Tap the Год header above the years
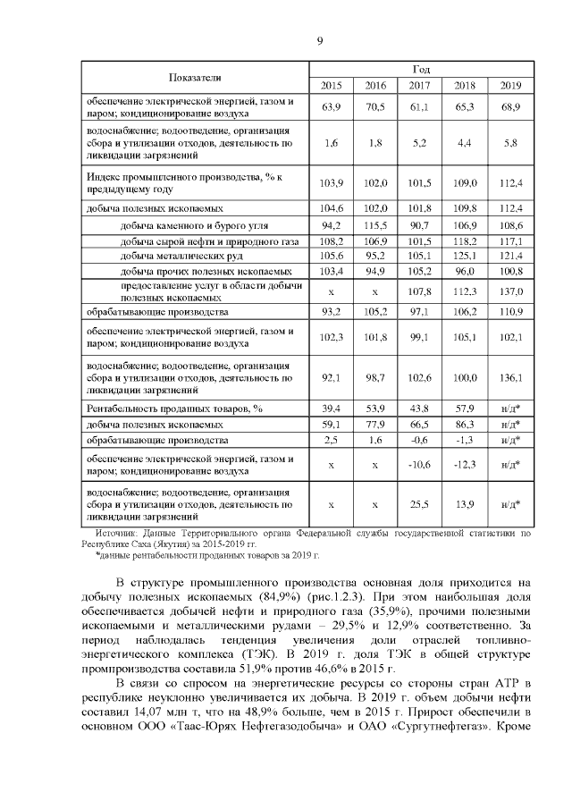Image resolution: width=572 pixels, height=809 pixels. click(421, 69)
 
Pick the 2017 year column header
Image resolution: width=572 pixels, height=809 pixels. click(420, 86)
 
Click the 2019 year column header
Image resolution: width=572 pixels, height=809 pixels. click(510, 86)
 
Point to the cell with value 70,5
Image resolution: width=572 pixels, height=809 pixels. click(375, 107)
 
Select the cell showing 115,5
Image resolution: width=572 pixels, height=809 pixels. click(375, 226)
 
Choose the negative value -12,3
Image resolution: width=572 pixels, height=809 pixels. click(465, 465)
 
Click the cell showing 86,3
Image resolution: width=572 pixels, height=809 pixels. click(465, 424)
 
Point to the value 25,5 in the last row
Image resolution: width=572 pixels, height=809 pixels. click(420, 504)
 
